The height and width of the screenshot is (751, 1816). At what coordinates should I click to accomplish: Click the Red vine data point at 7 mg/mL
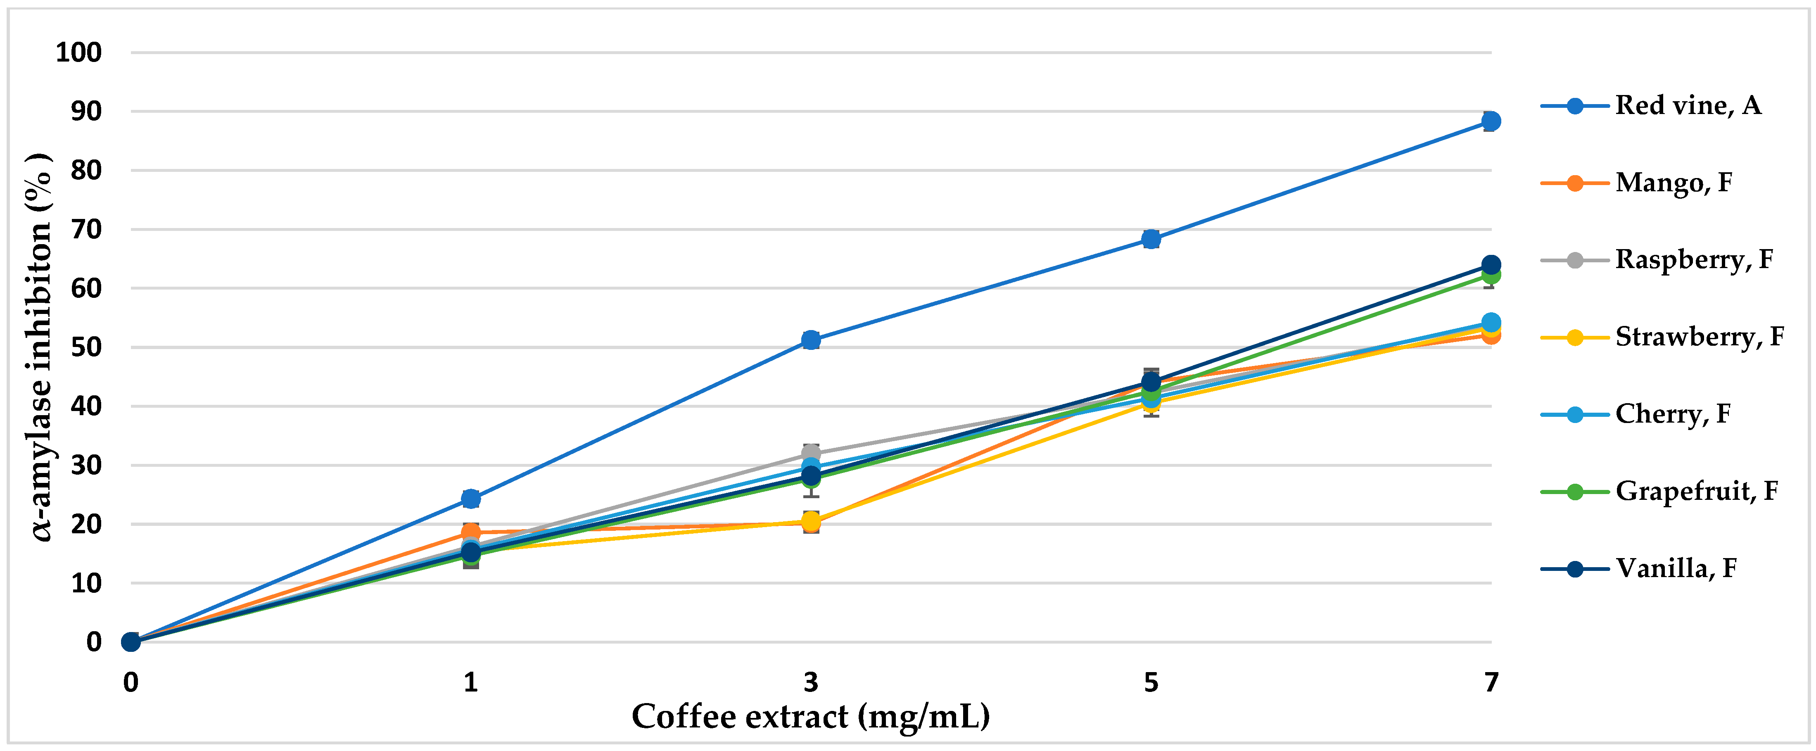pos(1490,121)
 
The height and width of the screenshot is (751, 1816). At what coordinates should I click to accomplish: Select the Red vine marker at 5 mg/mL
pos(1151,239)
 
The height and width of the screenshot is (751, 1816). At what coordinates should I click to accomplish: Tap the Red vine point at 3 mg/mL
pos(811,340)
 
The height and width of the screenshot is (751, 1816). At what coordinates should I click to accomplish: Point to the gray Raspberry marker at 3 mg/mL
pos(811,453)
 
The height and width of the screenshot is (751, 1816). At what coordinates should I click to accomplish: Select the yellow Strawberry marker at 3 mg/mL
pos(811,521)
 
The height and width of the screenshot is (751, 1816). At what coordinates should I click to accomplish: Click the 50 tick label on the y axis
pos(86,347)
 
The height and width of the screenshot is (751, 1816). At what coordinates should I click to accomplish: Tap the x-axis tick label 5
pos(1151,682)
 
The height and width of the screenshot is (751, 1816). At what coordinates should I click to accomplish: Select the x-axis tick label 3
pos(811,682)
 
